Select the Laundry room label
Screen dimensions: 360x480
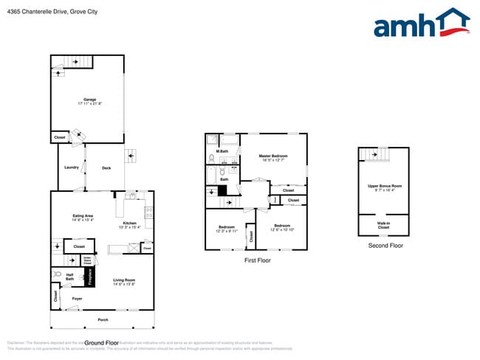72,167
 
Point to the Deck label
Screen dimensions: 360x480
106,167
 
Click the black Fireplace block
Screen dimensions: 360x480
91,277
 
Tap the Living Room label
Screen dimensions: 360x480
123,280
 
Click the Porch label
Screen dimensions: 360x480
102,319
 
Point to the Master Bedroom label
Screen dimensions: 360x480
272,156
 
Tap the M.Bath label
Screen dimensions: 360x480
222,152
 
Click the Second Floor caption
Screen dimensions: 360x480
385,245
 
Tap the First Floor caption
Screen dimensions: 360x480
257,260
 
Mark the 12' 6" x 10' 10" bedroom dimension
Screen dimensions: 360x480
282,229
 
